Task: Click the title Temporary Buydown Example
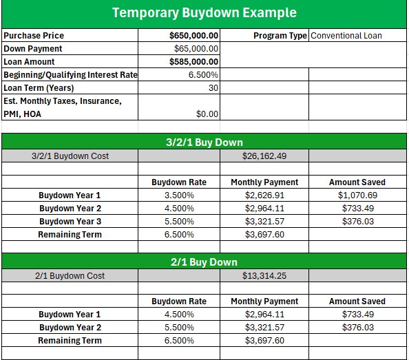pyautogui.click(x=204, y=13)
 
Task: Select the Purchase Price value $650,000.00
pyautogui.click(x=194, y=36)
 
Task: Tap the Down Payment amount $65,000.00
pyautogui.click(x=196, y=49)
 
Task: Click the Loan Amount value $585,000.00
pyautogui.click(x=194, y=62)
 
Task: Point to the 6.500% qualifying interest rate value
pyautogui.click(x=204, y=75)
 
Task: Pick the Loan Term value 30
pyautogui.click(x=213, y=88)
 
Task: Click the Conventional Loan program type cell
pyautogui.click(x=346, y=36)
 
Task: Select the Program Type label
pyautogui.click(x=280, y=36)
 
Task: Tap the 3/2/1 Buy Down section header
pyautogui.click(x=204, y=142)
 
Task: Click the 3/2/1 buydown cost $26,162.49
pyautogui.click(x=264, y=156)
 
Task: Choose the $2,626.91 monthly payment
pyautogui.click(x=264, y=195)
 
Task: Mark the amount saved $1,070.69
pyautogui.click(x=357, y=195)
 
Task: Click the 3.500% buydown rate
pyautogui.click(x=178, y=195)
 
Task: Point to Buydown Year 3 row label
pyautogui.click(x=70, y=222)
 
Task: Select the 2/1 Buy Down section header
pyautogui.click(x=204, y=262)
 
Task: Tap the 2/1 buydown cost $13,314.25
pyautogui.click(x=264, y=275)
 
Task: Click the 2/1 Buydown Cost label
pyautogui.click(x=70, y=275)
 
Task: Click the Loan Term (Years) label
pyautogui.click(x=39, y=88)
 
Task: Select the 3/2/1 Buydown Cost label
pyautogui.click(x=70, y=156)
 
